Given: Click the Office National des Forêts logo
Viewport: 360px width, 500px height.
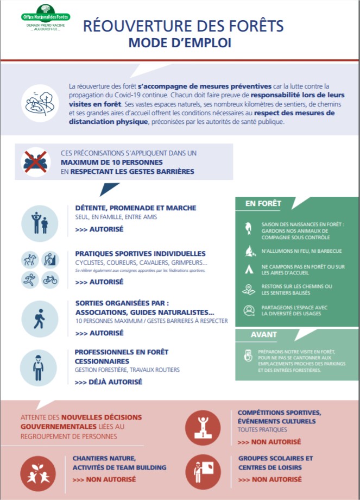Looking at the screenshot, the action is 46,18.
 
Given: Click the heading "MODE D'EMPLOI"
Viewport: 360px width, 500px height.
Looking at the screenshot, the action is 180,43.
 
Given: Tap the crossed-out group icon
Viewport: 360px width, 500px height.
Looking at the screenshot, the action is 36,162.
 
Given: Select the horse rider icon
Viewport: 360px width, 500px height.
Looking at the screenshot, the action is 30,260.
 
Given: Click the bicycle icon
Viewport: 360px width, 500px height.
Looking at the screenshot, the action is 50,280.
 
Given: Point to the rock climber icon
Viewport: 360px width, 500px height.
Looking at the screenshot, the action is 50,260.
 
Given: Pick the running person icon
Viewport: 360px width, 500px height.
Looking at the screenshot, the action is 30,280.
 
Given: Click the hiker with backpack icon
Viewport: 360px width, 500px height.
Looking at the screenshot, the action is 40,319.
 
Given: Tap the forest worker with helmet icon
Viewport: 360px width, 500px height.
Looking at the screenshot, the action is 39,368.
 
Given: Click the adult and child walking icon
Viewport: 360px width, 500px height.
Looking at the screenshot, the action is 40,223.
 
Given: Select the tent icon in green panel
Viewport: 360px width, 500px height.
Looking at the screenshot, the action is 249,270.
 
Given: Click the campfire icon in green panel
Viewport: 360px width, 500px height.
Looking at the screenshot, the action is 250,251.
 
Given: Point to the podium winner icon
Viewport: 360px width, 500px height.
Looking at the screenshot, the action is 203,428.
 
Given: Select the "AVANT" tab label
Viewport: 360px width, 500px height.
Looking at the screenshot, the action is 263,334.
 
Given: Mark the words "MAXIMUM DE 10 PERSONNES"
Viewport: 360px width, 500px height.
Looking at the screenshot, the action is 112,162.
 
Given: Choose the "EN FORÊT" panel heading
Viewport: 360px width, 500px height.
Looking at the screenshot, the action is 263,203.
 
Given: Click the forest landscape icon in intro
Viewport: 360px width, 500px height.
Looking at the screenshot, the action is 40,103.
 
